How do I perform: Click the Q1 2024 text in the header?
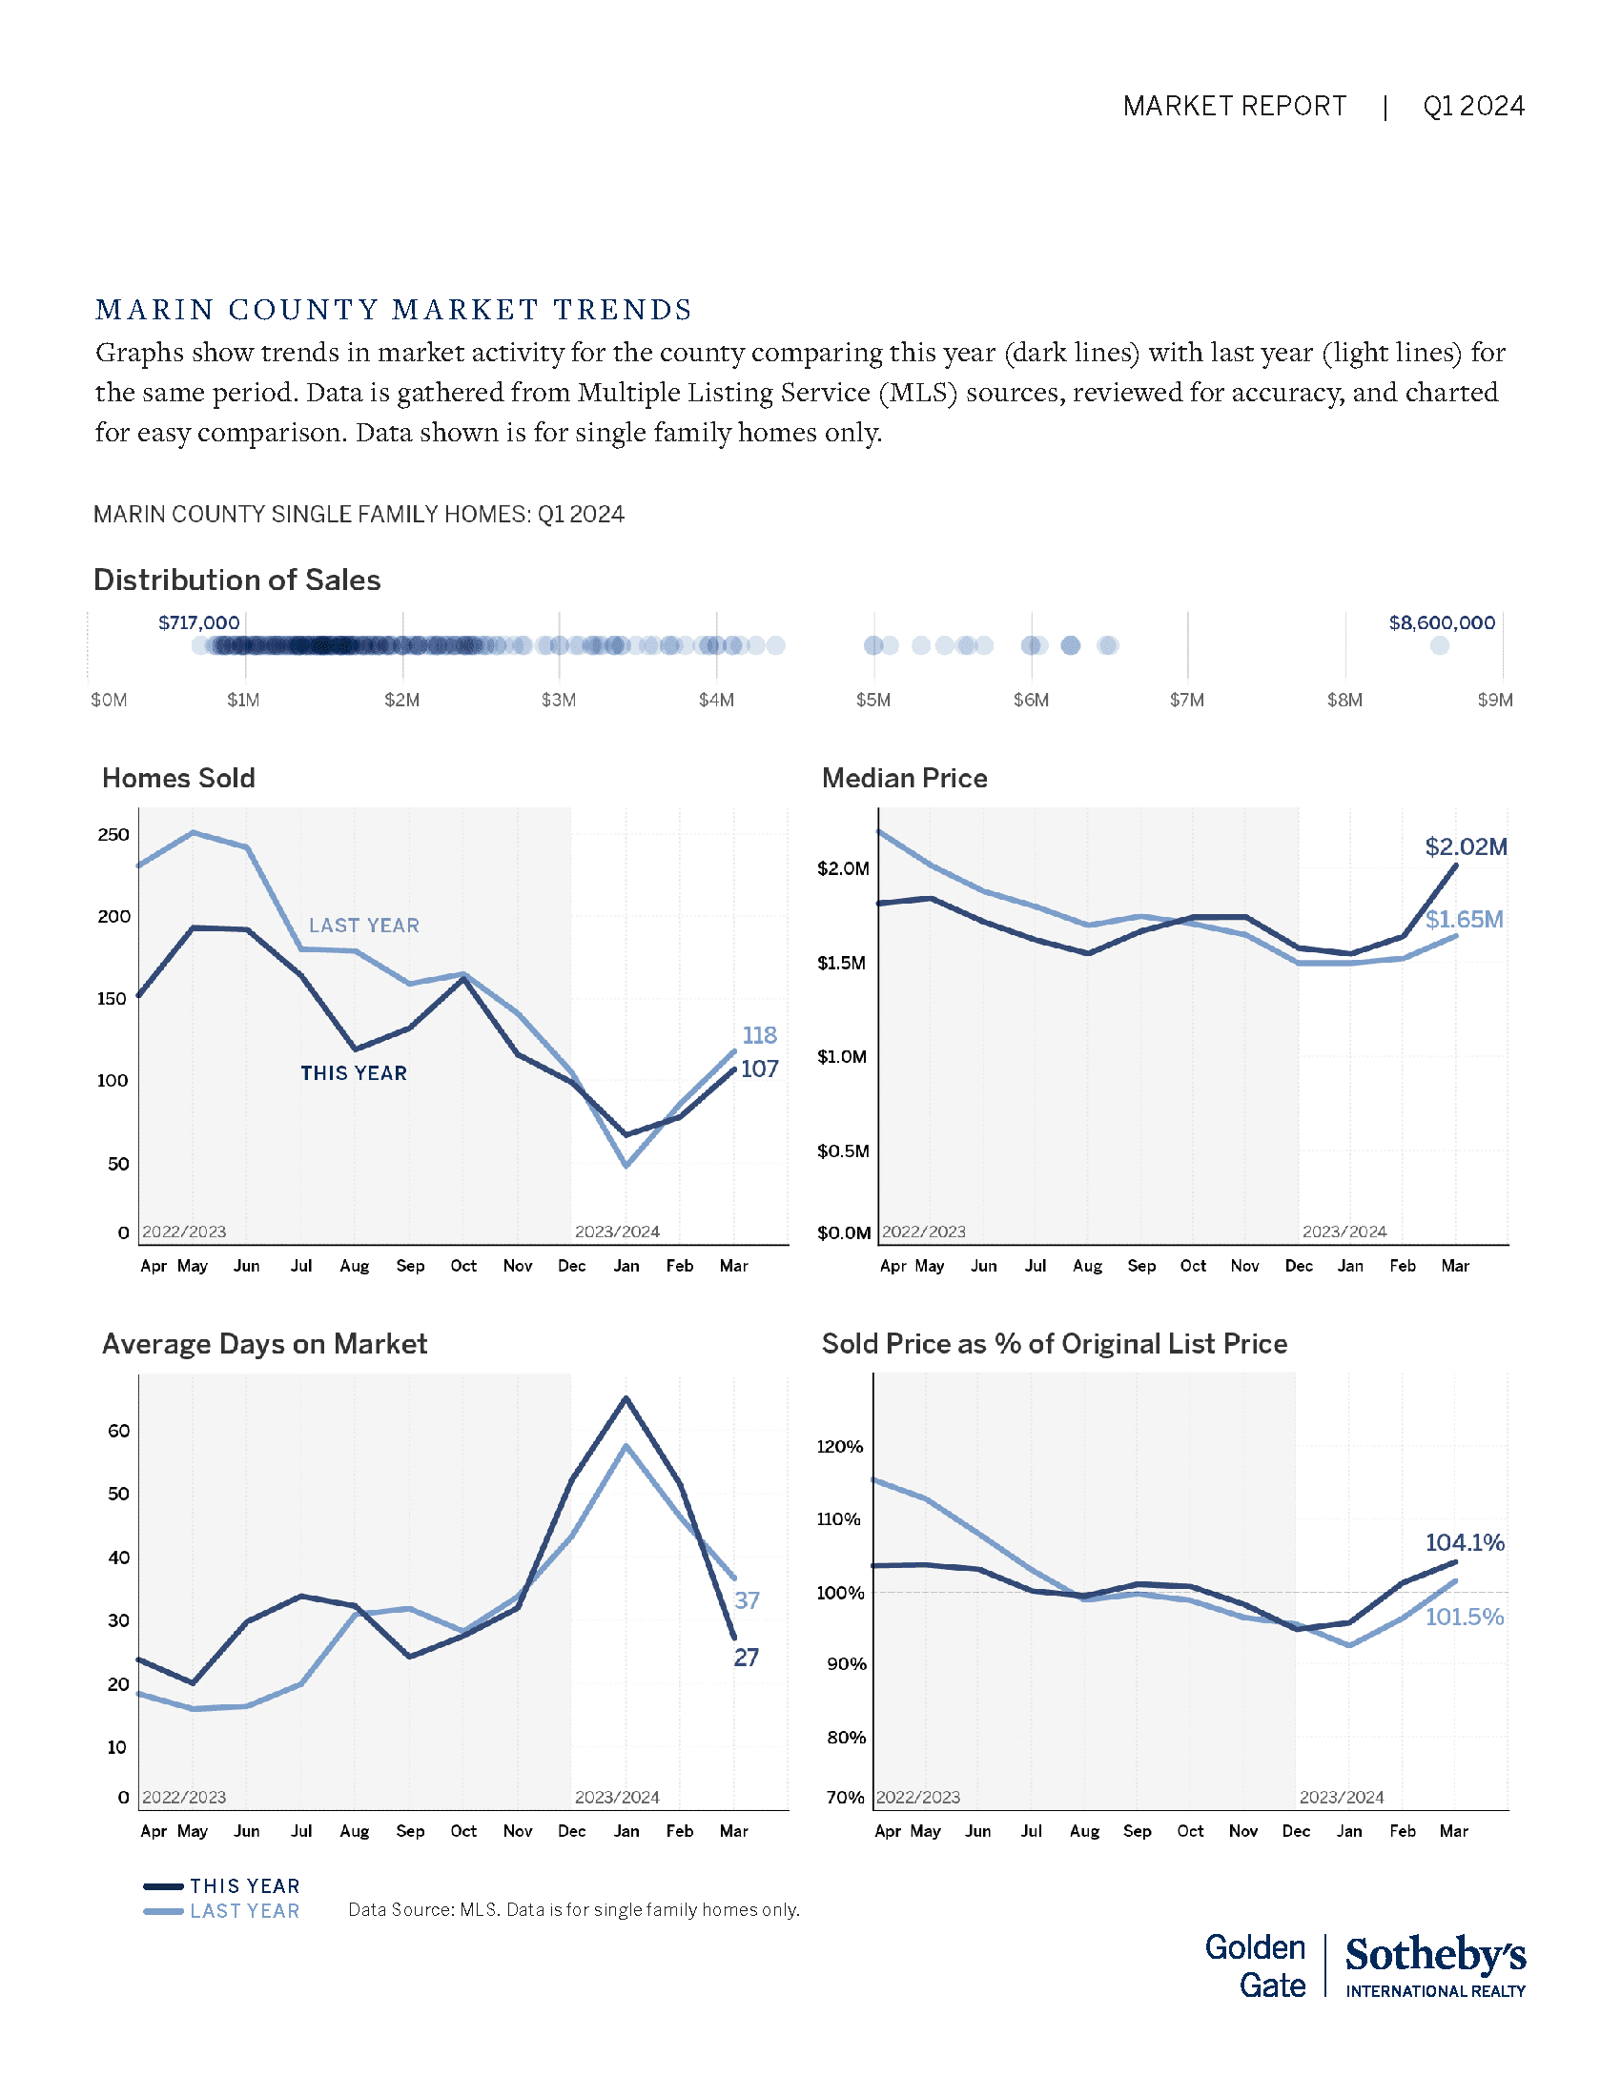click(1473, 106)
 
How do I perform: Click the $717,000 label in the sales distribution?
click(198, 622)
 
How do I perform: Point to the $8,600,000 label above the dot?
click(1442, 622)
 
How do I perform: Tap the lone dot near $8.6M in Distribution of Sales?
click(1439, 645)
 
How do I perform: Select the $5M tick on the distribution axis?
click(872, 700)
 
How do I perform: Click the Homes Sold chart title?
click(178, 778)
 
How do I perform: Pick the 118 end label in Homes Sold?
click(760, 1035)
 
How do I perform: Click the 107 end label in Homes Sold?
click(760, 1069)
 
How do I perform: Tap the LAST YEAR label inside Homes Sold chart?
click(364, 926)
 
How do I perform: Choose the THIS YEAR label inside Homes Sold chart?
click(354, 1073)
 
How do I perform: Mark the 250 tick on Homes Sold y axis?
click(113, 834)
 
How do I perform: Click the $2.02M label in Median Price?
click(1466, 846)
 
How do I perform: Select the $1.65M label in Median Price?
click(1464, 919)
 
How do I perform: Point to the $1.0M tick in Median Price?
click(842, 1057)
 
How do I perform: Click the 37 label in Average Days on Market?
click(748, 1600)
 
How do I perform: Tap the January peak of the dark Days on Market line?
click(626, 1398)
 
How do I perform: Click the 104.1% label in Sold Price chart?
click(1465, 1543)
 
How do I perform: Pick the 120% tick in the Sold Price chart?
click(840, 1447)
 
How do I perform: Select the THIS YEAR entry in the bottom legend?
click(245, 1885)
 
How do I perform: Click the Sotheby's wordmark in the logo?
click(1436, 1955)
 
